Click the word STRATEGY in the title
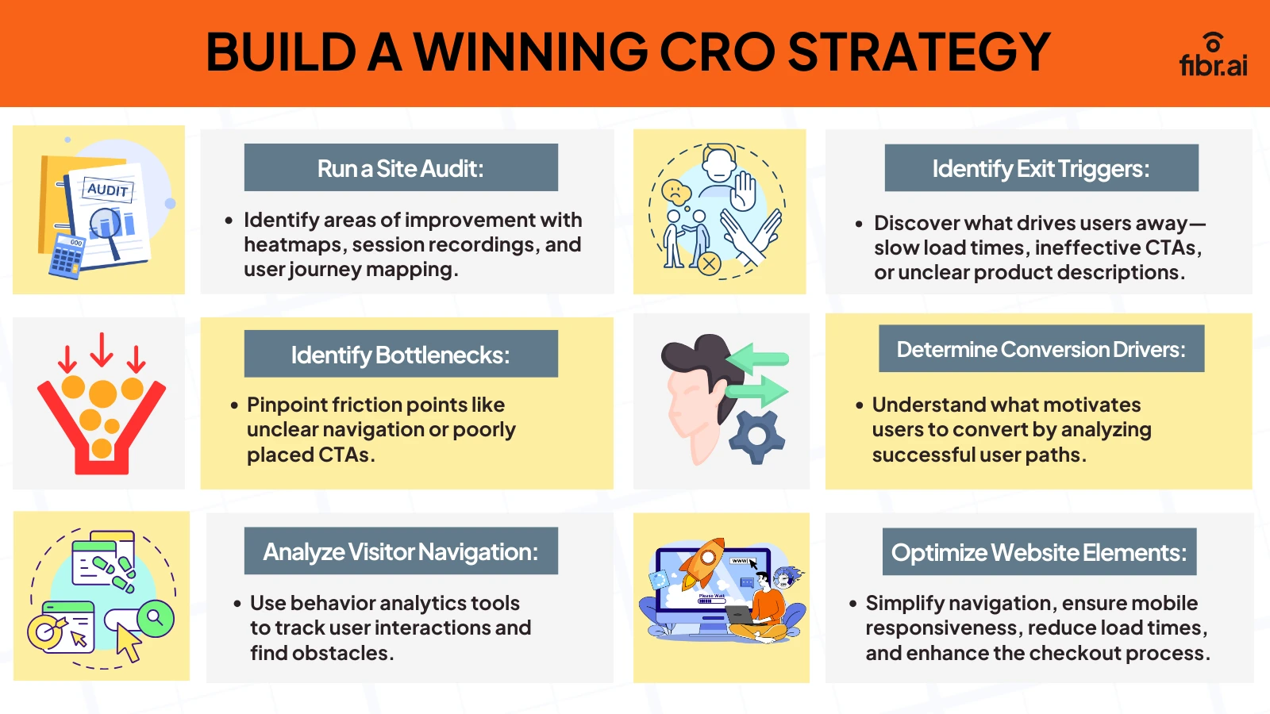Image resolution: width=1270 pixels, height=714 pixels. tap(918, 52)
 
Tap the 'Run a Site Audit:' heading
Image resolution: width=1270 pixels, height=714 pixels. tap(401, 168)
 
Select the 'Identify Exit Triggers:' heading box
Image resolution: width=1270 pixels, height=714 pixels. tap(1041, 168)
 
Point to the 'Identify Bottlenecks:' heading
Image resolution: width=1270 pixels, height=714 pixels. tap(401, 355)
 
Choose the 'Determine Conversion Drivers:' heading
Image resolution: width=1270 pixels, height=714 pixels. tap(1041, 349)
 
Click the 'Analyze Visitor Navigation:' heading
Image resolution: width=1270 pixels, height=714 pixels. tap(401, 551)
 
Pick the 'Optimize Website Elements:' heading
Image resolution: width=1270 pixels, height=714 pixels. tap(1039, 552)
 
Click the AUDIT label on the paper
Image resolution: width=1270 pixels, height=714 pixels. tap(107, 190)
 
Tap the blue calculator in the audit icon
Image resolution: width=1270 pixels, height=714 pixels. tap(67, 254)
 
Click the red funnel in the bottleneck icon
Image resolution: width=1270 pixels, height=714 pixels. tap(102, 444)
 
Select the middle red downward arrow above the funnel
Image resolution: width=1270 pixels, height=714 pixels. tap(102, 350)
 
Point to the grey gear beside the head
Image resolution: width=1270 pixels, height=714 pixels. tap(756, 436)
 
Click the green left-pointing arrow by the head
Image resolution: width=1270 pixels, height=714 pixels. tap(757, 359)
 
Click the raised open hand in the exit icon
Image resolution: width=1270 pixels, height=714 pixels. tap(744, 191)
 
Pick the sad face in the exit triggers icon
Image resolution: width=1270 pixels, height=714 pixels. tap(675, 191)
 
